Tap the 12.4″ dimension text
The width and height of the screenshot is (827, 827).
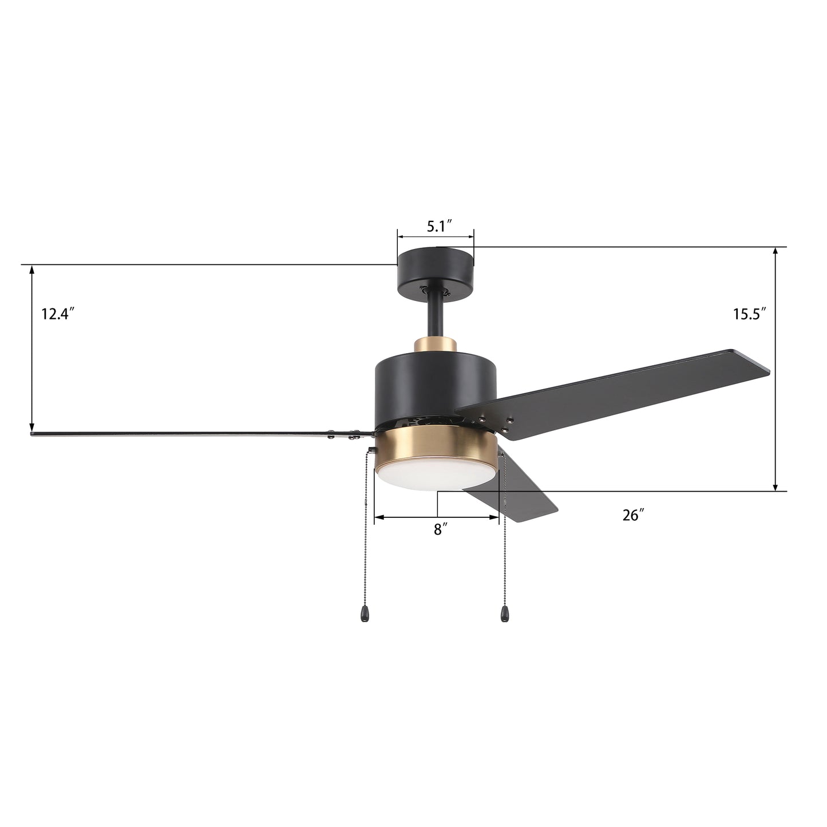[58, 314]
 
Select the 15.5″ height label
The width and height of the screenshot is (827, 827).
[749, 314]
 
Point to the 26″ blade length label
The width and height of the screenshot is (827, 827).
[634, 516]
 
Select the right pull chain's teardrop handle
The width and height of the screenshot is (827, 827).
[504, 615]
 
